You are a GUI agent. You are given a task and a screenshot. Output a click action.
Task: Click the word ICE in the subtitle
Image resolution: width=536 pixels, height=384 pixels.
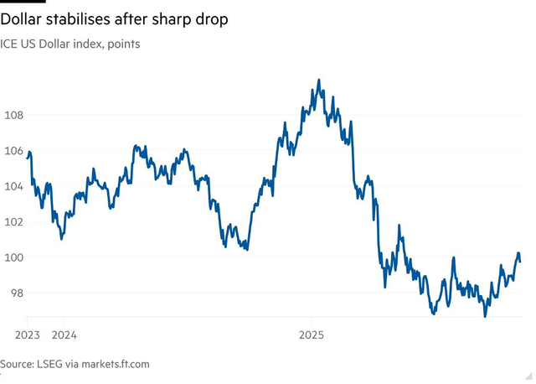point(11,44)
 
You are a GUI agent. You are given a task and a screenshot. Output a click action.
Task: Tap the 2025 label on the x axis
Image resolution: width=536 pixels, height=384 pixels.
point(312,334)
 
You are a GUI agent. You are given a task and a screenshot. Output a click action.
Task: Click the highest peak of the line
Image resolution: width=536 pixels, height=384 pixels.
point(319,80)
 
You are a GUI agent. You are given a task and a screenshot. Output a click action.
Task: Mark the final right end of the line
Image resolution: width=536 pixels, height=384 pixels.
point(520,262)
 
